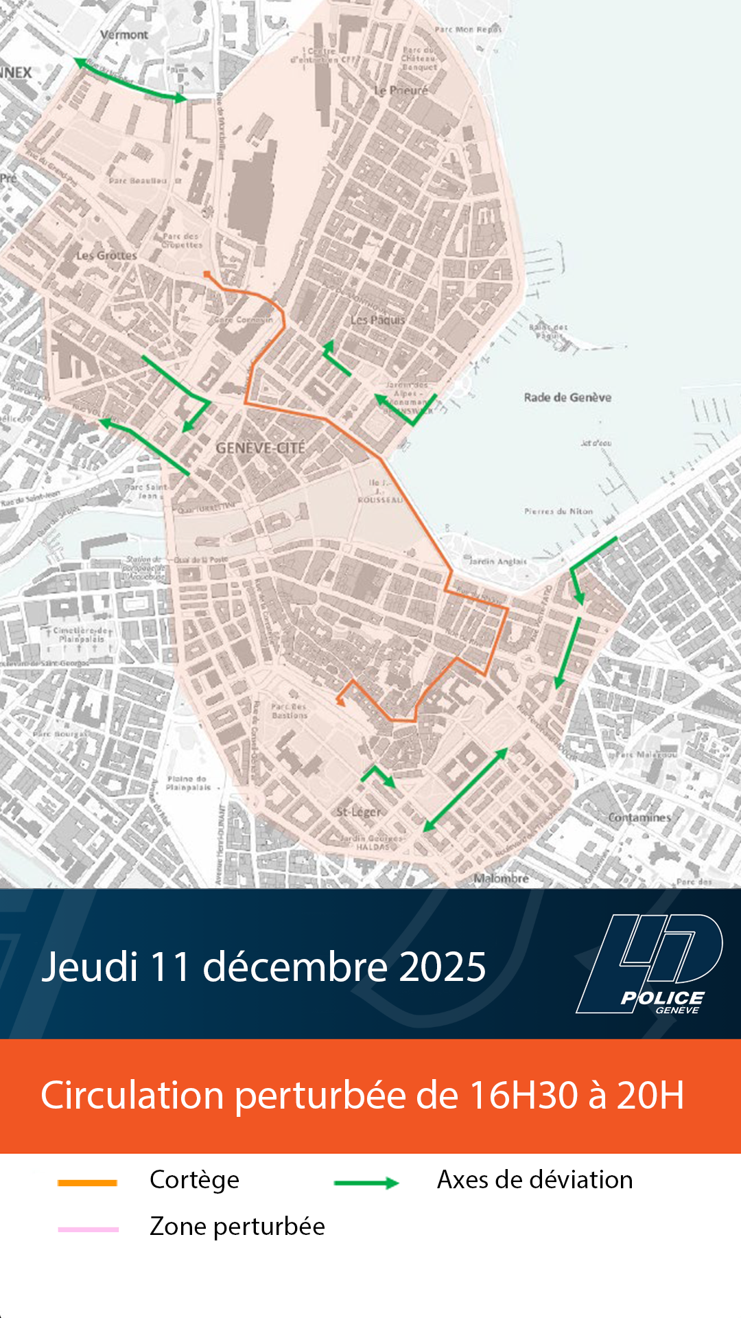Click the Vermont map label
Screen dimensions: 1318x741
tap(124, 34)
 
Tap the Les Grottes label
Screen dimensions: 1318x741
tap(106, 255)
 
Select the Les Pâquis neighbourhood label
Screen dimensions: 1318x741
tap(377, 320)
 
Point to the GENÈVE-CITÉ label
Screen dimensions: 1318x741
tap(260, 448)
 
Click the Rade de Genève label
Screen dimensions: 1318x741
tap(567, 397)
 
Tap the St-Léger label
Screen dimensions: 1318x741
tap(359, 812)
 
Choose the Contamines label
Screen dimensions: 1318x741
tap(639, 818)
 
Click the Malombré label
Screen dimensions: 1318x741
tap(501, 879)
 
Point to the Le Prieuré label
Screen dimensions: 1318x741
tap(401, 91)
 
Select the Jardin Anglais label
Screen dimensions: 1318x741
tap(498, 562)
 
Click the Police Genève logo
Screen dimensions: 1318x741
tap(650, 964)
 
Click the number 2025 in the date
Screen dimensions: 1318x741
tap(443, 967)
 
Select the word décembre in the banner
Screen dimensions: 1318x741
tap(296, 967)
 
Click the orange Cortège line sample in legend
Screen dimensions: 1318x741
tap(88, 1183)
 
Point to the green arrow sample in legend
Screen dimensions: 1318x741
tap(366, 1183)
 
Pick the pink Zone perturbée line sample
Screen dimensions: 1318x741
tap(88, 1229)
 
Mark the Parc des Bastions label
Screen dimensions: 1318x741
tap(290, 710)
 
